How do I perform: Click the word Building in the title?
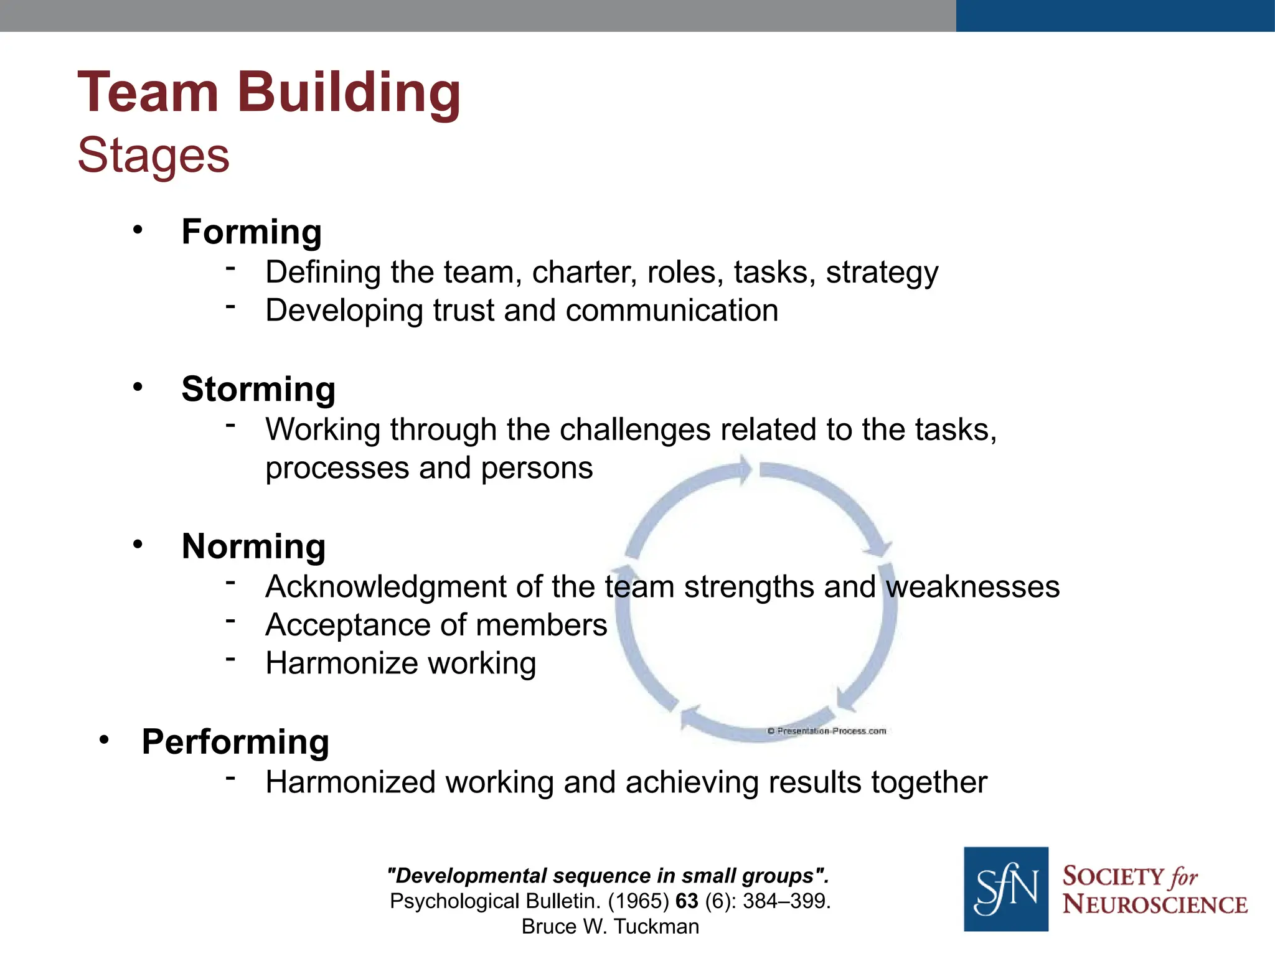(x=349, y=93)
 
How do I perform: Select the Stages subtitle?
(x=153, y=155)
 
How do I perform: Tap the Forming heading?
(x=252, y=232)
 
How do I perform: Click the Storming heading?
(x=258, y=389)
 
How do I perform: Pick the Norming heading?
(x=253, y=546)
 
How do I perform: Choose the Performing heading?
(x=235, y=741)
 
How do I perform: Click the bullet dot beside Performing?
(x=104, y=739)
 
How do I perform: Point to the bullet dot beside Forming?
(x=138, y=230)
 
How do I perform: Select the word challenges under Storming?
(x=635, y=429)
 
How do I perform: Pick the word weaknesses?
(x=972, y=587)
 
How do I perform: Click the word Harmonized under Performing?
(x=350, y=782)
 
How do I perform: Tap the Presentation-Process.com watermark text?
(x=827, y=731)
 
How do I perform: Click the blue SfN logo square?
(x=1005, y=889)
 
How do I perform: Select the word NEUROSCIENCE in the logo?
(x=1155, y=904)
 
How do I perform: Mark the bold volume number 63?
(x=687, y=901)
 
